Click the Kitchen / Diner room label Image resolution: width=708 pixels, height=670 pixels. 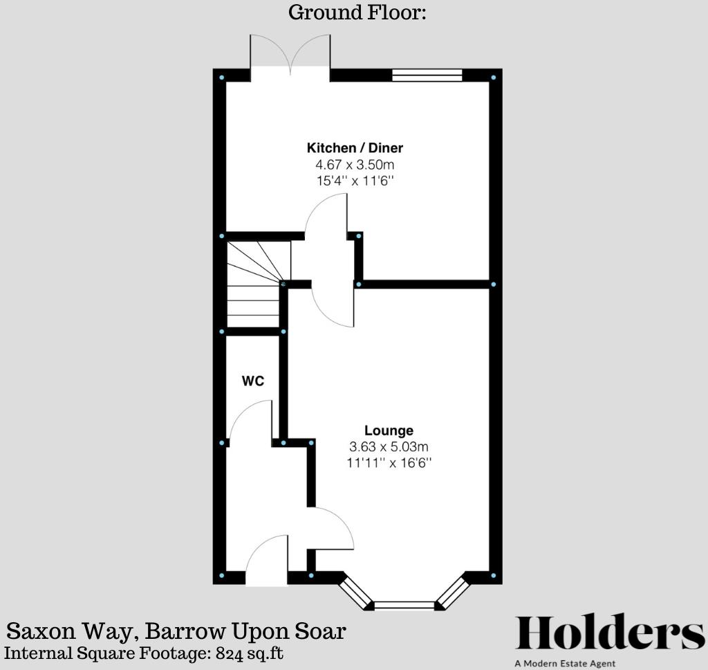(355, 147)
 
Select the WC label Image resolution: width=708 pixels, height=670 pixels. (253, 381)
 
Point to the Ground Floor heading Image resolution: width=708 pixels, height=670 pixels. (356, 12)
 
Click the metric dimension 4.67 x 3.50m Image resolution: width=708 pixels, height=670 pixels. (355, 165)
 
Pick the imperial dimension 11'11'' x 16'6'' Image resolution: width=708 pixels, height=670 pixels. (390, 463)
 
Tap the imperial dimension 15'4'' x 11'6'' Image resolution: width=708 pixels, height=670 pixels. (355, 181)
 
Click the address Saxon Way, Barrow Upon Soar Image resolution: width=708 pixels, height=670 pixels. (176, 631)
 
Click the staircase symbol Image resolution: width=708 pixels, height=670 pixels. (254, 284)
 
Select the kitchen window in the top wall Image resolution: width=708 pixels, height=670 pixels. (427, 75)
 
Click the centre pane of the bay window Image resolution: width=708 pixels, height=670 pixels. (404, 606)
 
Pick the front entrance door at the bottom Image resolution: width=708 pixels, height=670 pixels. (266, 561)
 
